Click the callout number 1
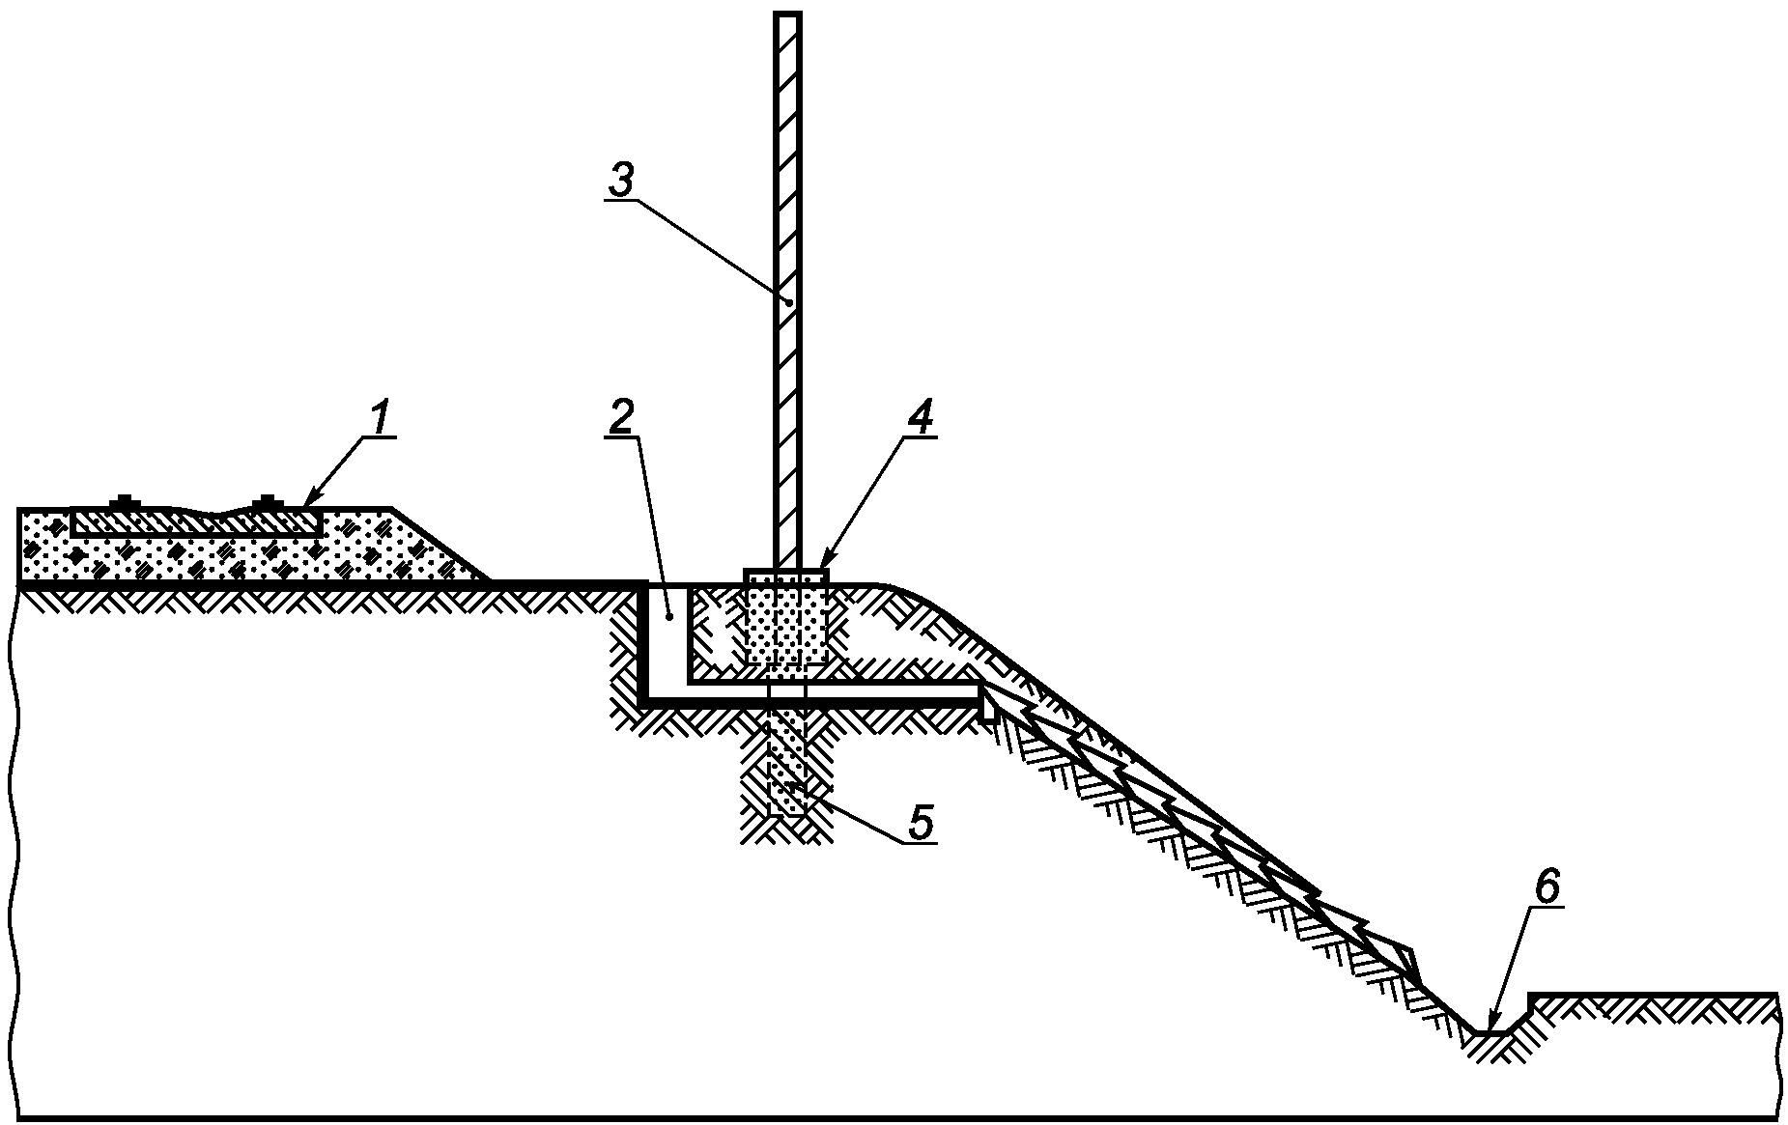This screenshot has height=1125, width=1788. coord(379,418)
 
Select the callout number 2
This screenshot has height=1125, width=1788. coord(620,417)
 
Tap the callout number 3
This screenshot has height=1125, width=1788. coord(620,181)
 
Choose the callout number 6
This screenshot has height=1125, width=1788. coord(1547,887)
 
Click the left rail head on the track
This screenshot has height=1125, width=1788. coord(125,501)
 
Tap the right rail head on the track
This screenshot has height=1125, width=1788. coord(267,501)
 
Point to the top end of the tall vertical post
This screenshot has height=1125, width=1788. coord(787,16)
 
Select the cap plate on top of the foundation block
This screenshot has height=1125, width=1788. coord(785,576)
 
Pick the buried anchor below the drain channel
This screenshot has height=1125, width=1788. coord(785,768)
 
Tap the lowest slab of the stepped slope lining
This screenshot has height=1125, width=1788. coord(1391,956)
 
